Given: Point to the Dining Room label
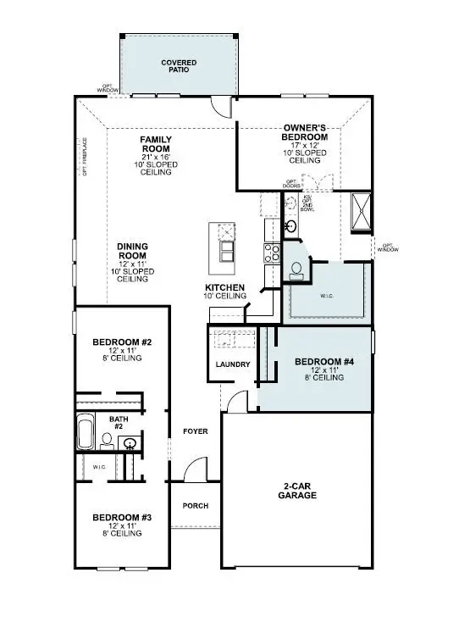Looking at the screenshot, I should coord(132,252).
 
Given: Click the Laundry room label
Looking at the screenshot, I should coord(232,364).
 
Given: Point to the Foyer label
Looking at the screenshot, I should coord(196,431).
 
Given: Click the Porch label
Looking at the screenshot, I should coord(196,506).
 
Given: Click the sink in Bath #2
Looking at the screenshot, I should coord(130,443).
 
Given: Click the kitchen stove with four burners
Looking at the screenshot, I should coord(272,252).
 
